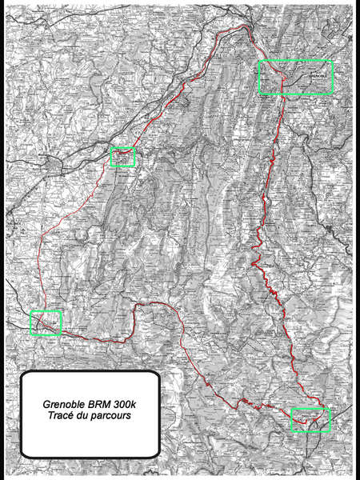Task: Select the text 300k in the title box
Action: [134, 405]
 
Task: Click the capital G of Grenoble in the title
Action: [46, 405]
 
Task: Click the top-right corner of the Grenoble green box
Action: [331, 61]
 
